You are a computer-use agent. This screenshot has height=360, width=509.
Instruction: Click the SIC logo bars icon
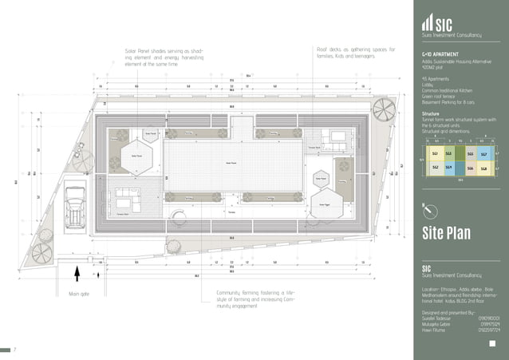pyautogui.click(x=428, y=24)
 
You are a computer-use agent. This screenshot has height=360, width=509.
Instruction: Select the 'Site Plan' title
pyautogui.click(x=447, y=233)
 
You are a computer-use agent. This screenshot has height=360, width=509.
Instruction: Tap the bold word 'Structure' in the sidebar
pyautogui.click(x=431, y=113)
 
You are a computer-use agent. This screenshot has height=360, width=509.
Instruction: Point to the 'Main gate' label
pyautogui.click(x=80, y=294)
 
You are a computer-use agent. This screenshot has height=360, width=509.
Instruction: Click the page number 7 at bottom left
pyautogui.click(x=14, y=349)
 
